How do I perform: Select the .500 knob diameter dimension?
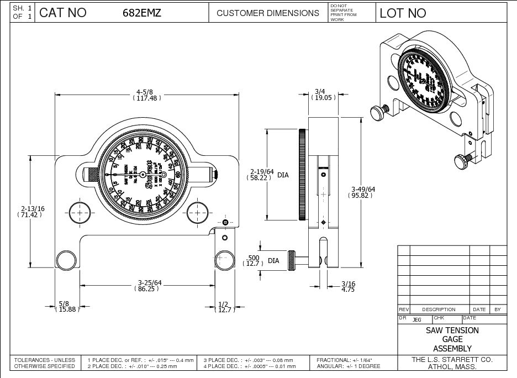(x=253, y=260)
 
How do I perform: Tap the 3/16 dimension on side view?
(x=347, y=286)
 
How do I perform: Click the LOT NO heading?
(x=403, y=13)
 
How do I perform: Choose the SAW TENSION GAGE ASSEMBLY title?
(x=452, y=339)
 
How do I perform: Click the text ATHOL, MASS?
(x=452, y=366)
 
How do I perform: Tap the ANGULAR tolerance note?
(x=349, y=366)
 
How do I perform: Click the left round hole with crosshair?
(x=80, y=212)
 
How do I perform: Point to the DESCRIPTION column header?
(x=439, y=309)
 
